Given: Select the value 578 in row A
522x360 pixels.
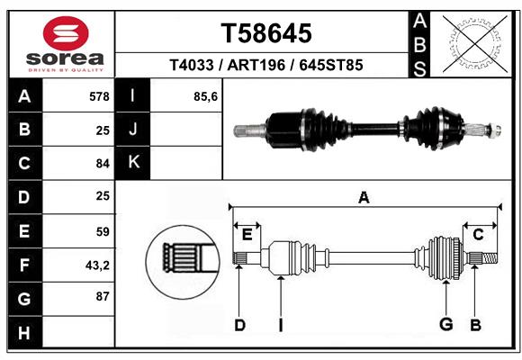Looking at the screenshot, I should point(99,96).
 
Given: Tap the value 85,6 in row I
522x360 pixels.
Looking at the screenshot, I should point(206,96).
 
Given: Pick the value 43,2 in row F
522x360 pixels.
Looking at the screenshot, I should point(97,265).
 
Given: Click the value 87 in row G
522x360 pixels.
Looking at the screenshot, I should point(102,296).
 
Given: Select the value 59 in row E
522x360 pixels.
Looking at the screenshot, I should point(102,231).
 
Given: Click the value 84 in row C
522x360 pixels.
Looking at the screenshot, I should point(102,164).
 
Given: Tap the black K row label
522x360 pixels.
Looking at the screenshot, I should point(133,163).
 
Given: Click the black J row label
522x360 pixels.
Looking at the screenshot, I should point(133,130).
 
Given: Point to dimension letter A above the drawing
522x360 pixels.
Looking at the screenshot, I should point(364,197).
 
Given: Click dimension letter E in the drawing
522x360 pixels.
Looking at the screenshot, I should point(247,235).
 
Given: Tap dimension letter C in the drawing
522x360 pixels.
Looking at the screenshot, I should point(478,235).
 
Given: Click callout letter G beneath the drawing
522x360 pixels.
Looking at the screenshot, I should point(444,325).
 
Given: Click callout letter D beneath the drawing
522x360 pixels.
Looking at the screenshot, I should point(239,325).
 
